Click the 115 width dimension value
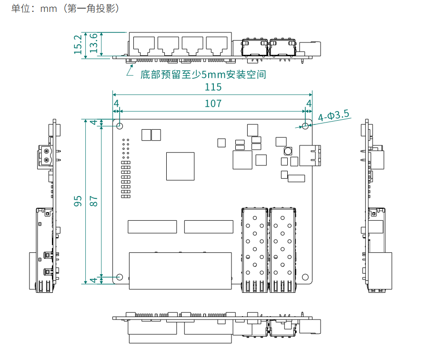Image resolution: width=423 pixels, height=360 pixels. tap(213, 87)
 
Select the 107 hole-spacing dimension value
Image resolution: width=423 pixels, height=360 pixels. tap(213, 103)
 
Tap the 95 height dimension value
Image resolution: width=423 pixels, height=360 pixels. tap(78, 201)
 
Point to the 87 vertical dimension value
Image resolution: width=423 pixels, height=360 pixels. tap(94, 201)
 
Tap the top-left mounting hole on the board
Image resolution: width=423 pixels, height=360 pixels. tap(119, 126)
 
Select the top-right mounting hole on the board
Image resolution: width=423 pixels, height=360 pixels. tap(305, 126)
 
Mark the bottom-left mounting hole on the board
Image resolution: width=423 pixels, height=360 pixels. tap(119, 277)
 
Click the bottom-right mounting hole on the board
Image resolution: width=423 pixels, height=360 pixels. tap(305, 277)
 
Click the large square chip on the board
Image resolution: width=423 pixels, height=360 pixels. tap(180, 166)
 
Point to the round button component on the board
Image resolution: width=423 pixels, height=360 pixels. tap(288, 151)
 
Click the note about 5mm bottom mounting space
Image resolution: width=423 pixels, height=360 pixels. tap(203, 75)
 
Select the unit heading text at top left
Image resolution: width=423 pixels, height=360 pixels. tap(65, 9)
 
